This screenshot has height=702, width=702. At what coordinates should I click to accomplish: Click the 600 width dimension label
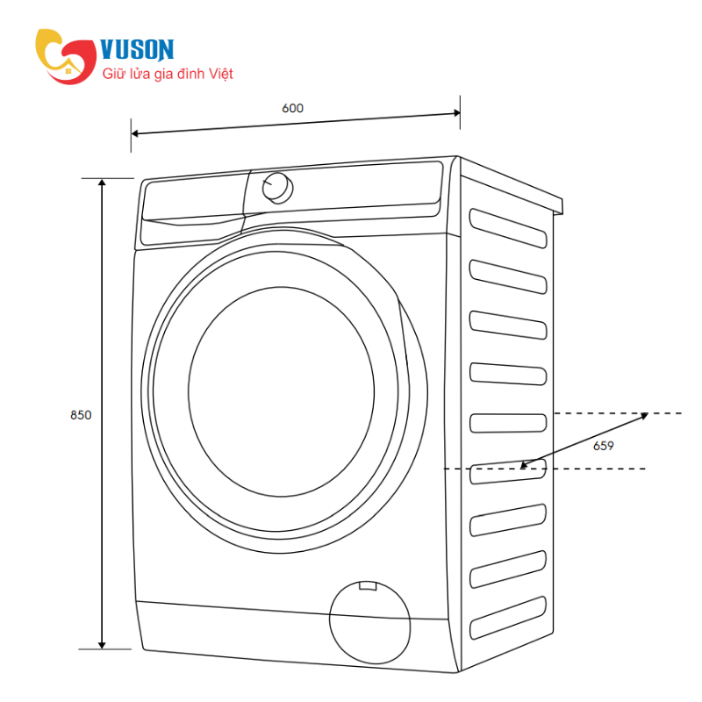coord(292,108)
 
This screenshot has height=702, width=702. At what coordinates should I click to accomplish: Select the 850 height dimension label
coord(81,415)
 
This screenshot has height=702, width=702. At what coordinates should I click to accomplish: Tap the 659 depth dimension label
coord(603,446)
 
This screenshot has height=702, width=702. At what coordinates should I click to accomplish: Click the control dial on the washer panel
coord(277,188)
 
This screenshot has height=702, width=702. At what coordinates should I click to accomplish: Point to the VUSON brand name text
coord(137,49)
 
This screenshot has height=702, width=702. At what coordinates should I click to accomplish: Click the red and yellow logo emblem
coord(66,56)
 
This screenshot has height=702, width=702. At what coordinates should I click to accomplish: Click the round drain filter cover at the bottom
coord(369,622)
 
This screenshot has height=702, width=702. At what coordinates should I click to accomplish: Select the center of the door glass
coord(281,392)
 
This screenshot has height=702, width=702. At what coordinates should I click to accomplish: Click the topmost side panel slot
coord(508,228)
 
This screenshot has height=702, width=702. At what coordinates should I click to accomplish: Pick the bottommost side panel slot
coord(508,618)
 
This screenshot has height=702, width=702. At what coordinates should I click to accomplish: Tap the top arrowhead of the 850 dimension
coord(102,183)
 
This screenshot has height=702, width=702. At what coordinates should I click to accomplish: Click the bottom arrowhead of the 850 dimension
coord(102,645)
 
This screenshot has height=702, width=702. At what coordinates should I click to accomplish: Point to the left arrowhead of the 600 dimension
coord(134,133)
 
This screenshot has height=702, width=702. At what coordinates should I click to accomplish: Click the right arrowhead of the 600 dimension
coord(456,113)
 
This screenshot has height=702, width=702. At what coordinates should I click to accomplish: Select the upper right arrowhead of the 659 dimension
coord(644,415)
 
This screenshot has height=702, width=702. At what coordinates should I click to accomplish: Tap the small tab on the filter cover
coord(368,586)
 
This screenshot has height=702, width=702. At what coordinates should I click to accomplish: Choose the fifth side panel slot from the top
coord(508,423)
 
